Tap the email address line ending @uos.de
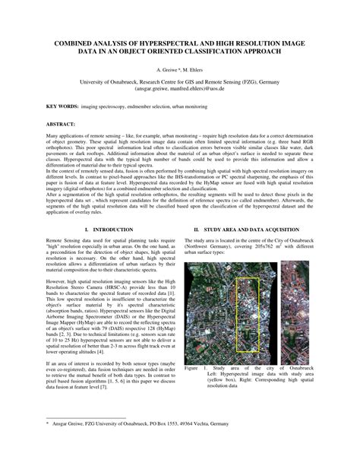coord(179,88)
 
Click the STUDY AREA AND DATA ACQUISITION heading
coord(250,208)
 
